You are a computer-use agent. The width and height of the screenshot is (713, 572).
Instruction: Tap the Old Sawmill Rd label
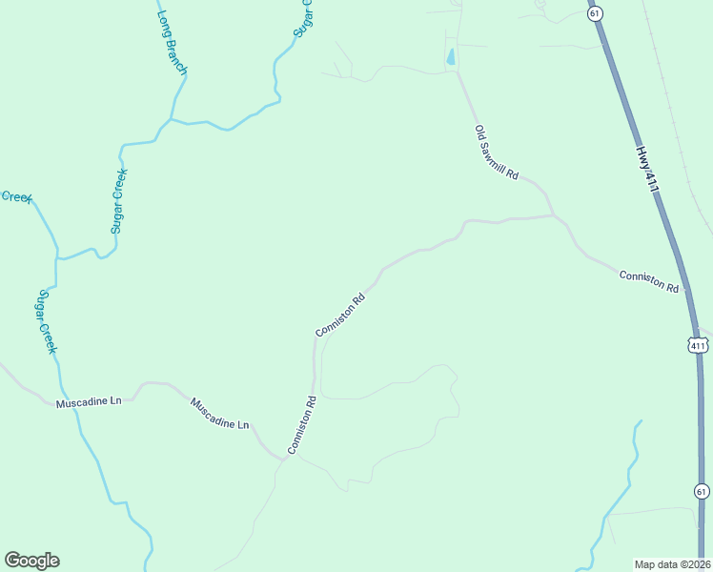pyautogui.click(x=497, y=153)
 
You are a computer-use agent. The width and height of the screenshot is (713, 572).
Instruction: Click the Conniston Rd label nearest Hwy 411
pyautogui.click(x=648, y=281)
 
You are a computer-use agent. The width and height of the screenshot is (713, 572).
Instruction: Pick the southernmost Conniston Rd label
pyautogui.click(x=302, y=424)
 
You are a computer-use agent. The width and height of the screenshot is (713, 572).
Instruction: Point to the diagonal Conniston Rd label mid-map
pyautogui.click(x=340, y=315)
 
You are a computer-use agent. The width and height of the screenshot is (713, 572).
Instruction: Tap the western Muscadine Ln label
pyautogui.click(x=89, y=402)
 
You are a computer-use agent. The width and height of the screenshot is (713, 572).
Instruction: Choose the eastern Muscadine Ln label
pyautogui.click(x=219, y=413)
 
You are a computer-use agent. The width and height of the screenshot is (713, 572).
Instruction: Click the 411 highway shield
pyautogui.click(x=699, y=344)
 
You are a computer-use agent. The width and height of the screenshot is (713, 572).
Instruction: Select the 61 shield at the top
pyautogui.click(x=595, y=13)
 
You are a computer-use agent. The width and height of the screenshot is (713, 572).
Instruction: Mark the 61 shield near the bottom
pyautogui.click(x=702, y=491)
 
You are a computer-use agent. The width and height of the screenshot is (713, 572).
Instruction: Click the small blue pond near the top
pyautogui.click(x=450, y=57)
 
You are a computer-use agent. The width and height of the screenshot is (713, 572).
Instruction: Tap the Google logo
pyautogui.click(x=31, y=561)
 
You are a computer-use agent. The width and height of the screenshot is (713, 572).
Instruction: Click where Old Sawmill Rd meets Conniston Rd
pyautogui.click(x=553, y=215)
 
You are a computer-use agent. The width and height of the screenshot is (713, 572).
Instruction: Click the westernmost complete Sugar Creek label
pyautogui.click(x=46, y=322)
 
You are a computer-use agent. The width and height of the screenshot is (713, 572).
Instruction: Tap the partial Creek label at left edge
pyautogui.click(x=16, y=196)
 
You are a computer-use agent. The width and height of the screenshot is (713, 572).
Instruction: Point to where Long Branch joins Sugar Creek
pyautogui.click(x=170, y=120)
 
